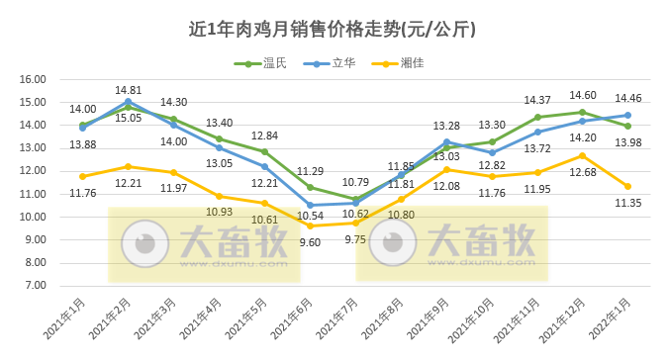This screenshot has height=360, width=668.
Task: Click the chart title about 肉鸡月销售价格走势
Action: (333, 29)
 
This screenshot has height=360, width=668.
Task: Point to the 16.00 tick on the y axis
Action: (34, 79)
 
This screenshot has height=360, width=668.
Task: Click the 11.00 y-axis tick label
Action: (34, 194)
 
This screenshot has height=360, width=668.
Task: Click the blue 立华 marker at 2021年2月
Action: (128, 101)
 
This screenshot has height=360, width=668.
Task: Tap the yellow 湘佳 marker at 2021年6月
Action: (310, 225)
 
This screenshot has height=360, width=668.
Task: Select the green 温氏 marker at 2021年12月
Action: (582, 112)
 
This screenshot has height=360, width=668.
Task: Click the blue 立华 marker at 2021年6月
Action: (310, 205)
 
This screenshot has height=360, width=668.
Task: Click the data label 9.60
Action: (310, 242)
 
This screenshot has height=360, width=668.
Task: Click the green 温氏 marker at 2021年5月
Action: (264, 151)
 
